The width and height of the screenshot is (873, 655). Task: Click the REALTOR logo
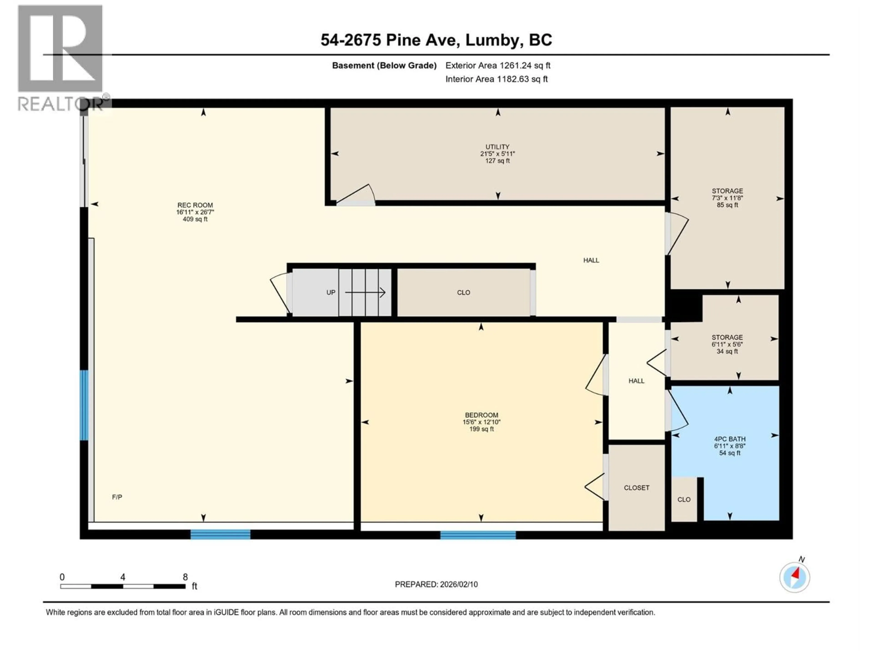[x=61, y=57]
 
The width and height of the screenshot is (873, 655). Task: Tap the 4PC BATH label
[x=730, y=439]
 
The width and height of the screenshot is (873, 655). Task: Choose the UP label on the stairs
[x=331, y=292]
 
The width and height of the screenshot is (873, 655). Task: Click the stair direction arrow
[x=365, y=292]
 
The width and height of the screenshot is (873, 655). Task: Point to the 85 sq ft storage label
[x=727, y=205]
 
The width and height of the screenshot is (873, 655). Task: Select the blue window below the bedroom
[x=478, y=535]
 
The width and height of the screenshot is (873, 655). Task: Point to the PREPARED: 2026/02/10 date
[x=436, y=584]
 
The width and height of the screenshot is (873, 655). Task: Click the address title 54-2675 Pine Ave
[x=436, y=40]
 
